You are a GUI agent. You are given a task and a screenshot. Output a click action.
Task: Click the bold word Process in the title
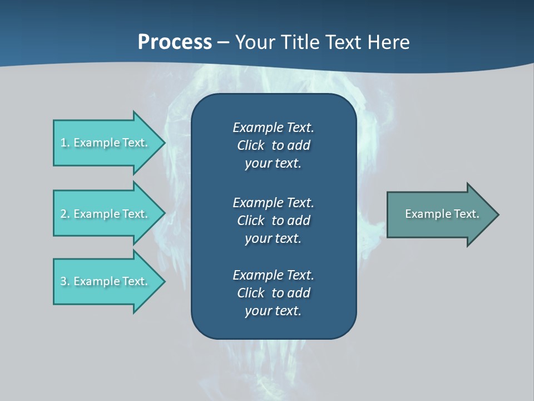pyautogui.click(x=175, y=42)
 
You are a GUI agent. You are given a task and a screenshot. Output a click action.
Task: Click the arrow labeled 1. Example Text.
pyautogui.click(x=106, y=143)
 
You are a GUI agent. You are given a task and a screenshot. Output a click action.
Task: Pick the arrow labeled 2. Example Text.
pyautogui.click(x=106, y=214)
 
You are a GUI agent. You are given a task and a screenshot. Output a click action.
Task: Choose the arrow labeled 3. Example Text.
pyautogui.click(x=106, y=281)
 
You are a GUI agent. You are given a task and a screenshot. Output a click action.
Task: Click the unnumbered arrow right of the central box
pyautogui.click(x=439, y=214)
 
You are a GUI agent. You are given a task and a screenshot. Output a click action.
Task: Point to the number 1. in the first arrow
pyautogui.click(x=65, y=143)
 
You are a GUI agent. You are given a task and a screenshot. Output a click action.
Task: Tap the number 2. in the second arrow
pyautogui.click(x=65, y=214)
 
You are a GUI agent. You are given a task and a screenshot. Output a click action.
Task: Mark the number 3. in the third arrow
pyautogui.click(x=65, y=281)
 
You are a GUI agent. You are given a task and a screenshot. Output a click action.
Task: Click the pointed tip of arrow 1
pyautogui.click(x=163, y=143)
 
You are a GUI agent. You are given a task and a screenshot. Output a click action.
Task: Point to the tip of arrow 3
pyautogui.click(x=163, y=281)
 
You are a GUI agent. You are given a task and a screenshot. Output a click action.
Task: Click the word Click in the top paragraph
pyautogui.click(x=251, y=145)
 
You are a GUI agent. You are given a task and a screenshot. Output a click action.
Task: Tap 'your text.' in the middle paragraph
pyautogui.click(x=273, y=238)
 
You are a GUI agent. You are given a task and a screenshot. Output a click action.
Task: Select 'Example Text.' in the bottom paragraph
pyautogui.click(x=273, y=275)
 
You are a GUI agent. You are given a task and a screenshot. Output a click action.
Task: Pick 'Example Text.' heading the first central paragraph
pyautogui.click(x=273, y=128)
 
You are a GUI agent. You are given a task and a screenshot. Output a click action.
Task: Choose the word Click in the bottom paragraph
pyautogui.click(x=251, y=293)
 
